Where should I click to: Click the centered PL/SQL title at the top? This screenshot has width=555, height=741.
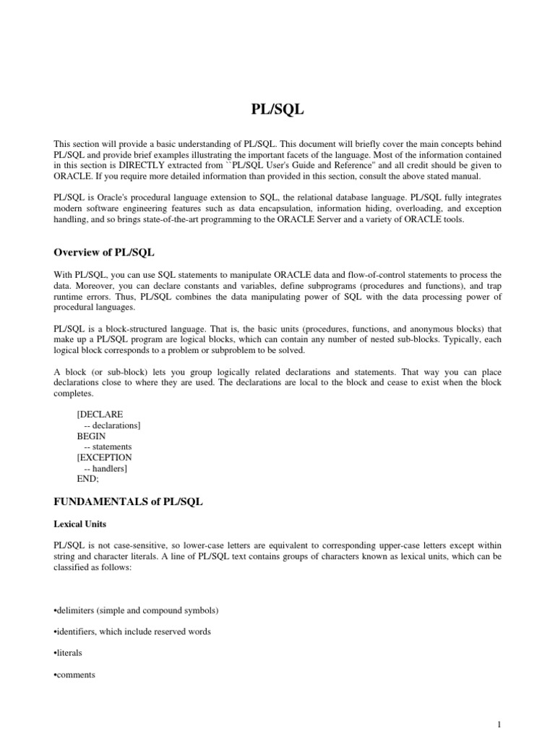coord(277,110)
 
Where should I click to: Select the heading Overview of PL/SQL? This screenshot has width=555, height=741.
coord(104,252)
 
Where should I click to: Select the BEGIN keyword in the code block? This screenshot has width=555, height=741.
coord(91,436)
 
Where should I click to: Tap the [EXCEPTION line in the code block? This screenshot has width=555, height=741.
coord(104,457)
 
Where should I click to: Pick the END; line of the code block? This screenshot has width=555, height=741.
coord(88,478)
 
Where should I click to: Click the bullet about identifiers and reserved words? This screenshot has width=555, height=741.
coord(132,632)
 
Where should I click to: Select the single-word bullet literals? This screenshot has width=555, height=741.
coord(68,653)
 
